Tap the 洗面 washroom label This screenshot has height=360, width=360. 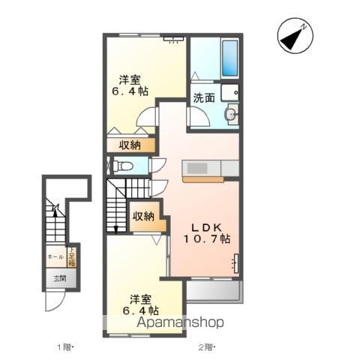click(205, 97)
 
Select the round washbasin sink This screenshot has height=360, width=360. click(231, 114)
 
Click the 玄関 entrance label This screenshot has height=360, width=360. click(58, 279)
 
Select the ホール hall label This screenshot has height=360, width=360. click(55, 257)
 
